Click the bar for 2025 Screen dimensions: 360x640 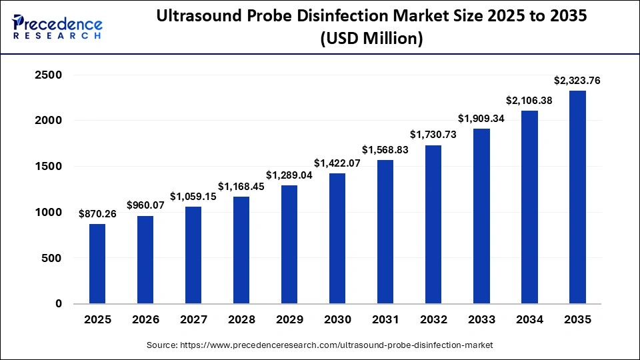97,264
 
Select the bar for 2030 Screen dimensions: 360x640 337,239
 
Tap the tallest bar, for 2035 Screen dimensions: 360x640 577,197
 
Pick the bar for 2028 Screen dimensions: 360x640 241,250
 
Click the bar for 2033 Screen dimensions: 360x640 481,216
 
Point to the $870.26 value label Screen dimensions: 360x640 97,215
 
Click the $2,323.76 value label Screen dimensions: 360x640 577,81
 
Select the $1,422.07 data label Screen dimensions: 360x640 337,163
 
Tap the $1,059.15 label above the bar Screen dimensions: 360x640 193,197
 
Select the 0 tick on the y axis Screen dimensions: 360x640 58,303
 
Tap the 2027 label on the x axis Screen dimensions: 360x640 193,320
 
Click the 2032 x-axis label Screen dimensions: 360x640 433,320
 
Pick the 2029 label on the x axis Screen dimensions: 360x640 289,320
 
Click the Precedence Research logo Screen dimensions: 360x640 57,27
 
